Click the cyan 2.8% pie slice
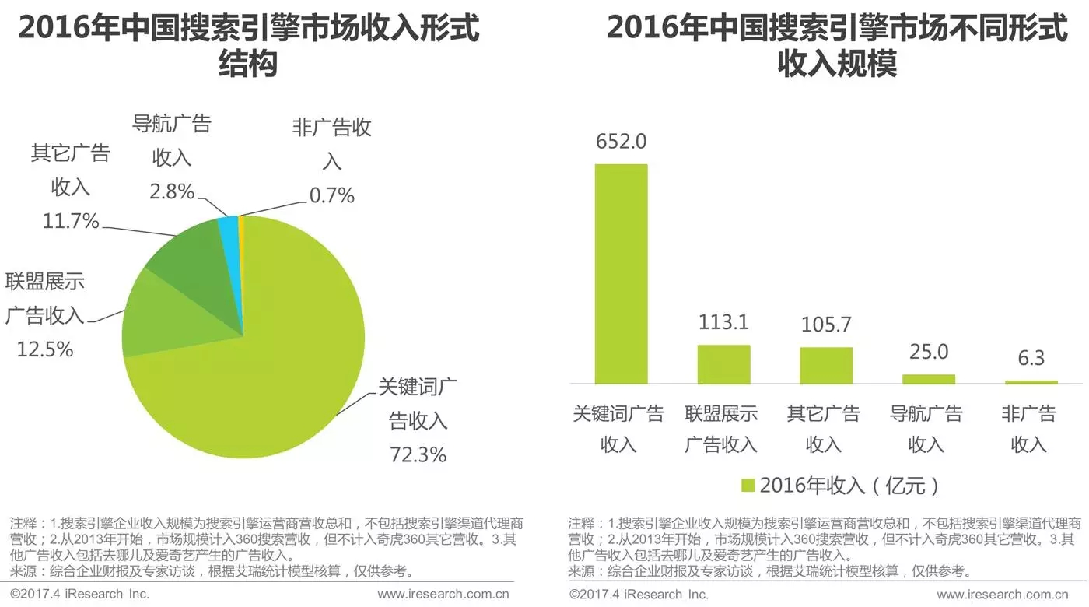click(x=229, y=226)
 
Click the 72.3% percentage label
click(x=418, y=454)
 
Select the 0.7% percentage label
click(x=332, y=195)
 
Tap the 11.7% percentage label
click(x=70, y=222)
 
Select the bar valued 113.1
click(x=723, y=364)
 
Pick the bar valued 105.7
click(x=826, y=366)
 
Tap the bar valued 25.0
click(x=929, y=379)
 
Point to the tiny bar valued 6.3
click(x=1031, y=382)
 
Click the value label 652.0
click(x=621, y=142)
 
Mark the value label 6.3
click(x=1031, y=358)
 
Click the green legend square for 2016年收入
click(x=748, y=486)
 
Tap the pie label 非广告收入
click(x=332, y=144)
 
